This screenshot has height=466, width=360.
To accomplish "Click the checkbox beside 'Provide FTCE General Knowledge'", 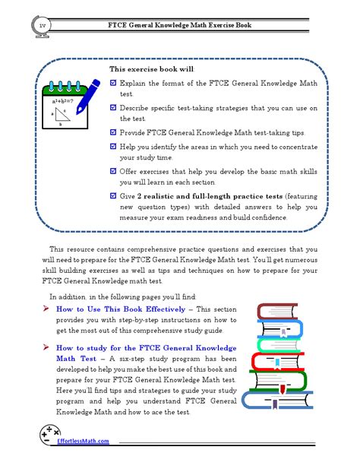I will [113, 132].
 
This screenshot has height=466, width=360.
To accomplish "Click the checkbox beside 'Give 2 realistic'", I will [113, 195].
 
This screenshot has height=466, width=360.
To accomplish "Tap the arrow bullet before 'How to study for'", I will [46, 347].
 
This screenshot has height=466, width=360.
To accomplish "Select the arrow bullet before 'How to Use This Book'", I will [46, 309].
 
